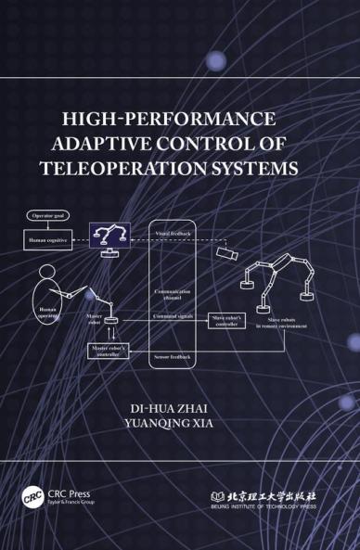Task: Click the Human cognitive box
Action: (47, 239)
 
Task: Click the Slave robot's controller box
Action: (226, 322)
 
